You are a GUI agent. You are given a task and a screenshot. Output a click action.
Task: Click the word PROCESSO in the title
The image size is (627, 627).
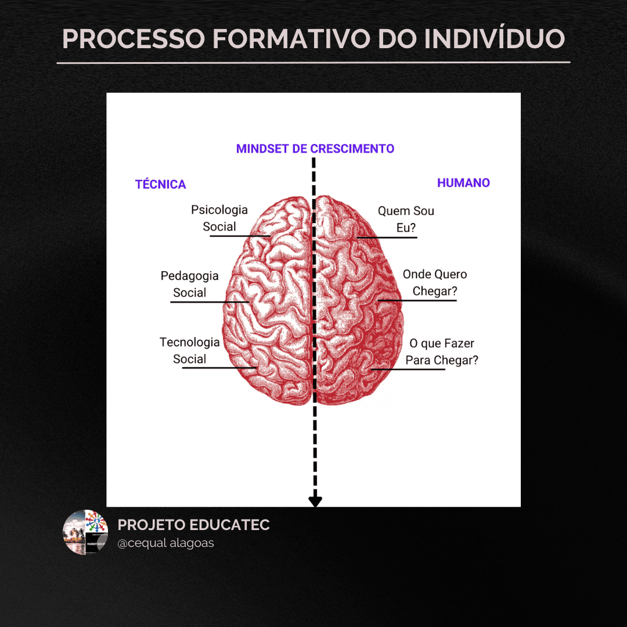(133, 38)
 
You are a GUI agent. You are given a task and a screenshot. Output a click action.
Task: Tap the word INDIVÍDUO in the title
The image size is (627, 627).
(494, 38)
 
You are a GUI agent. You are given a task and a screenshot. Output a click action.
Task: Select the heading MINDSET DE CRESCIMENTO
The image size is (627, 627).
(315, 149)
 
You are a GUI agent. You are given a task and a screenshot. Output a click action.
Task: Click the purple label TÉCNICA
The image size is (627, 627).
(161, 185)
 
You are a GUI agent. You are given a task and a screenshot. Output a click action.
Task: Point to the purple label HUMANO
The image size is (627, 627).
(463, 183)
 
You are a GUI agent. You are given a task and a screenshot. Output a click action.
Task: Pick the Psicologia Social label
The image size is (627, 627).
(219, 218)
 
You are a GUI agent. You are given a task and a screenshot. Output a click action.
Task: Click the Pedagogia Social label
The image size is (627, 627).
(190, 284)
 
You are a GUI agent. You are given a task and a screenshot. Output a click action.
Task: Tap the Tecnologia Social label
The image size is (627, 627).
(190, 351)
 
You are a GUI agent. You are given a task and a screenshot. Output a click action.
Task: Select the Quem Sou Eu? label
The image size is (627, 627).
(406, 219)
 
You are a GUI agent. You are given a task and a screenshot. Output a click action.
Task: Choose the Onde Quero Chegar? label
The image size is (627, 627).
(435, 283)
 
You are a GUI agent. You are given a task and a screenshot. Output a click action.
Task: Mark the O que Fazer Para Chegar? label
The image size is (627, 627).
(442, 352)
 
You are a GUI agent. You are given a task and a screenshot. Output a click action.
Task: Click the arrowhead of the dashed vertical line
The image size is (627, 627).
(315, 501)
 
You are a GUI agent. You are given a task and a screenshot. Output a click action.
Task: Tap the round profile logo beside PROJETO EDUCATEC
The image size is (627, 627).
(85, 532)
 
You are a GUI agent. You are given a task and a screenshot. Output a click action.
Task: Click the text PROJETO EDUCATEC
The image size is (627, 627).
(194, 525)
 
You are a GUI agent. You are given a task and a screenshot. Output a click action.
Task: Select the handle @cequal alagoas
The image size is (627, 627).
(166, 543)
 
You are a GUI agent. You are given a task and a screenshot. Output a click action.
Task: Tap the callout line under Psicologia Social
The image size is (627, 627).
(238, 236)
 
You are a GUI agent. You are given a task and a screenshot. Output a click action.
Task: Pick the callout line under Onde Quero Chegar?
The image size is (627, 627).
(418, 300)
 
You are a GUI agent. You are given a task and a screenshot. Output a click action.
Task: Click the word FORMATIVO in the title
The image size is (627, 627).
(290, 38)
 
